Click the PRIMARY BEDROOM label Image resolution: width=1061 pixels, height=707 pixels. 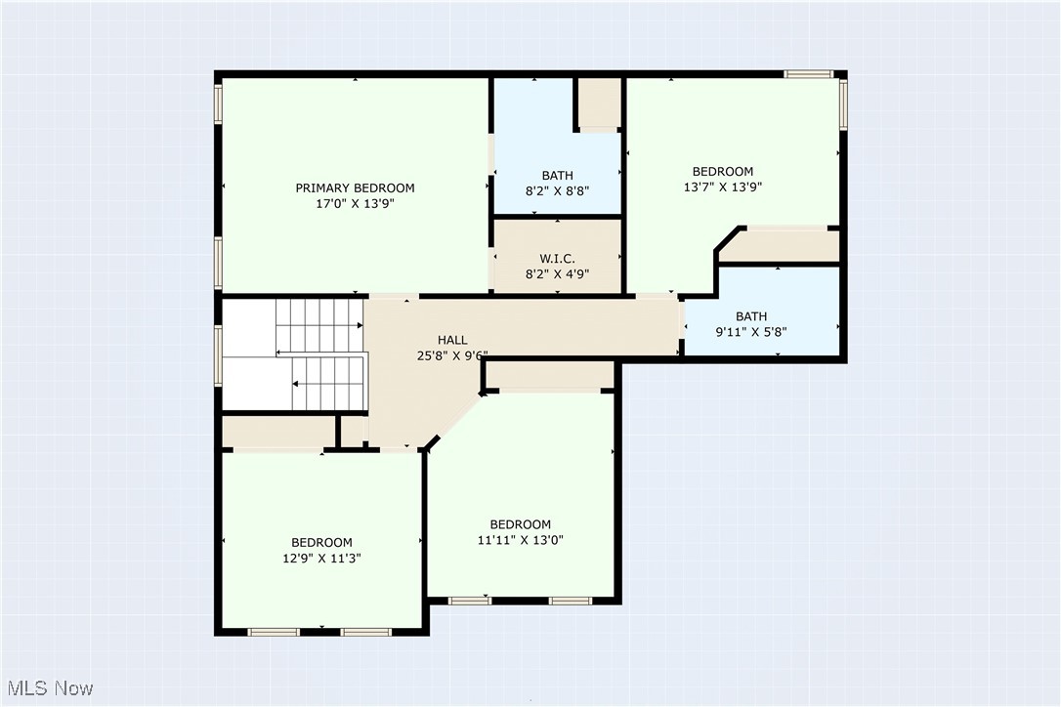[355, 187]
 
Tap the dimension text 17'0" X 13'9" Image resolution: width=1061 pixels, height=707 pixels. [355, 204]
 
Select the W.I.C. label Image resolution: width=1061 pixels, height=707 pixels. [557, 258]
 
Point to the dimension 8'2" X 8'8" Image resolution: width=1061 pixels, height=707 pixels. [557, 192]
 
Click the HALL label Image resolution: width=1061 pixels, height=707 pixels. [452, 340]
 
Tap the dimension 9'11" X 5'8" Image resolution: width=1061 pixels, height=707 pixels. [750, 332]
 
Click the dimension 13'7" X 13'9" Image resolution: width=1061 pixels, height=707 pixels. [722, 187]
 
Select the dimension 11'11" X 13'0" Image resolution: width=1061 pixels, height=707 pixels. [520, 540]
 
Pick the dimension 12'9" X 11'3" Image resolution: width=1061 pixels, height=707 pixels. [321, 559]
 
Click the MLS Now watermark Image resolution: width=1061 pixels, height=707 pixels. [48, 688]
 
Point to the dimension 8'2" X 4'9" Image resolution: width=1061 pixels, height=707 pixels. [557, 274]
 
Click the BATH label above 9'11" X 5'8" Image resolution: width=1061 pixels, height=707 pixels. [750, 315]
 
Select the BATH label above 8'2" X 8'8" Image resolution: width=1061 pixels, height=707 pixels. [557, 176]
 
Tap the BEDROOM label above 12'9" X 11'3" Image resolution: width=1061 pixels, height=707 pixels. [321, 542]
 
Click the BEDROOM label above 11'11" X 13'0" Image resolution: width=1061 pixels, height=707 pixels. [520, 523]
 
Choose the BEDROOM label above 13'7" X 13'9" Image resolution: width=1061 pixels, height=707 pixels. [722, 171]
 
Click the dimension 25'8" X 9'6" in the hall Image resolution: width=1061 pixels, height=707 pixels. [452, 356]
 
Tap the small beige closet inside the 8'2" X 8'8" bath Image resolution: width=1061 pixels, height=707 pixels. [598, 103]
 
